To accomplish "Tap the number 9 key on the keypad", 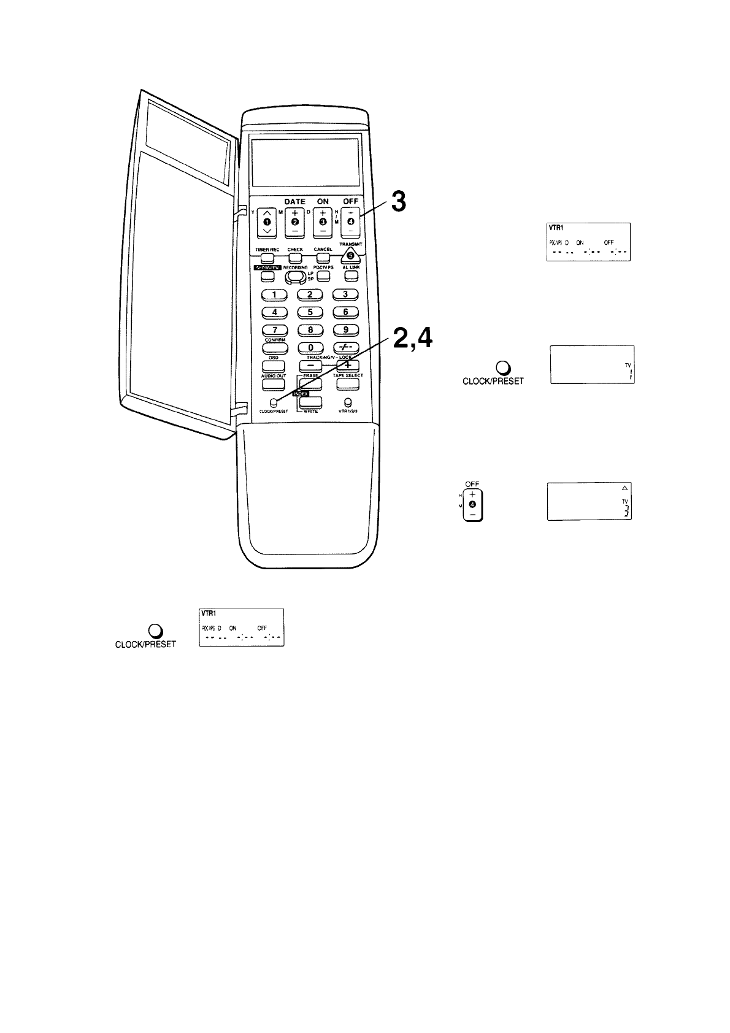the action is tap(345, 329).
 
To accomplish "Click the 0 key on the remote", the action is tap(310, 348).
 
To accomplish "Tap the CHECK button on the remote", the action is tap(295, 258).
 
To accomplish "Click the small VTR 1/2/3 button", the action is tap(348, 402).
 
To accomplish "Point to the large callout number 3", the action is tap(398, 202).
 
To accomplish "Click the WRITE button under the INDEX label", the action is tap(311, 402).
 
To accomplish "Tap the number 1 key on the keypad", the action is tap(274, 294).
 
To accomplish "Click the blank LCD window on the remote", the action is tap(305, 163).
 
